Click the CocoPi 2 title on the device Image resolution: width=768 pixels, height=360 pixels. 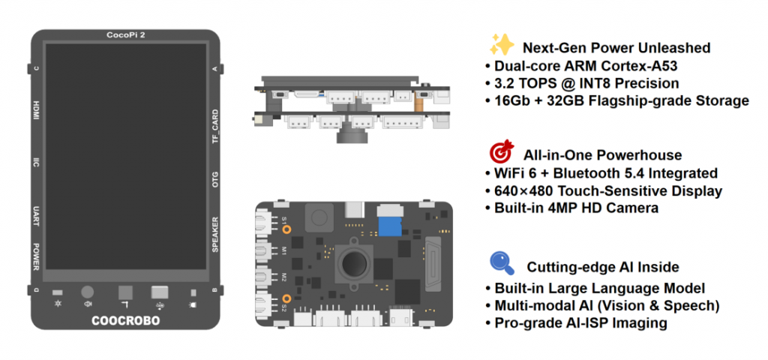click(x=125, y=35)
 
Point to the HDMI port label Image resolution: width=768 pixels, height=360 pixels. click(x=36, y=111)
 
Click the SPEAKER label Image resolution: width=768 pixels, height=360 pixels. click(x=215, y=235)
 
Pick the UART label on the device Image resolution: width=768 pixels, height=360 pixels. click(x=36, y=217)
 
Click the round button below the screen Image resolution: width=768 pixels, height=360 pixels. click(x=88, y=292)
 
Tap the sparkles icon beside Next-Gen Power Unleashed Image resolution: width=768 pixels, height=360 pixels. click(x=500, y=46)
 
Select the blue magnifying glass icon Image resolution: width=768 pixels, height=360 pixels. click(x=500, y=263)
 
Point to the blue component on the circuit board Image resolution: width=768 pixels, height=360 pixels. click(x=388, y=224)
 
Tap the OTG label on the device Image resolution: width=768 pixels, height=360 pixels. click(x=215, y=181)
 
